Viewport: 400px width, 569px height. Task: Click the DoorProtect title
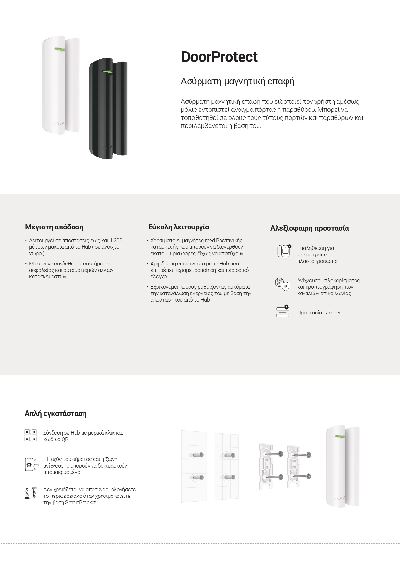[x=219, y=57]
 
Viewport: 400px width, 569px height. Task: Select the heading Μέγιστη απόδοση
[x=54, y=227]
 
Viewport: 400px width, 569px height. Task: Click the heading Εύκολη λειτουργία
[x=179, y=227]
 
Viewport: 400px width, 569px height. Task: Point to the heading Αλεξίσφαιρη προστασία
[x=309, y=228]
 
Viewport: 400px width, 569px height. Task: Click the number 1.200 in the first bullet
[x=116, y=240]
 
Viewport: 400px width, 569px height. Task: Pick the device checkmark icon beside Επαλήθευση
[x=284, y=251]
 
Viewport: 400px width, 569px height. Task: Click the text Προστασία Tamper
[x=318, y=313]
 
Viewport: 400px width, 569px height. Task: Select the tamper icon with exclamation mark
[x=283, y=311]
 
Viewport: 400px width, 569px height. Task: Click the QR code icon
[x=31, y=436]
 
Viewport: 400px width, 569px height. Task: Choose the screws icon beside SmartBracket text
[x=31, y=493]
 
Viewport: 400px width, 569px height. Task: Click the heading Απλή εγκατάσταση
[x=55, y=413]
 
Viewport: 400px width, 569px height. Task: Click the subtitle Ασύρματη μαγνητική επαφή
[x=238, y=81]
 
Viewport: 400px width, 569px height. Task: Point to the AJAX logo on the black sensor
[x=107, y=148]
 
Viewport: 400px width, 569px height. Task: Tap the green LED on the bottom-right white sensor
[x=339, y=437]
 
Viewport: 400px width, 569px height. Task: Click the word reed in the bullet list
[x=210, y=240]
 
